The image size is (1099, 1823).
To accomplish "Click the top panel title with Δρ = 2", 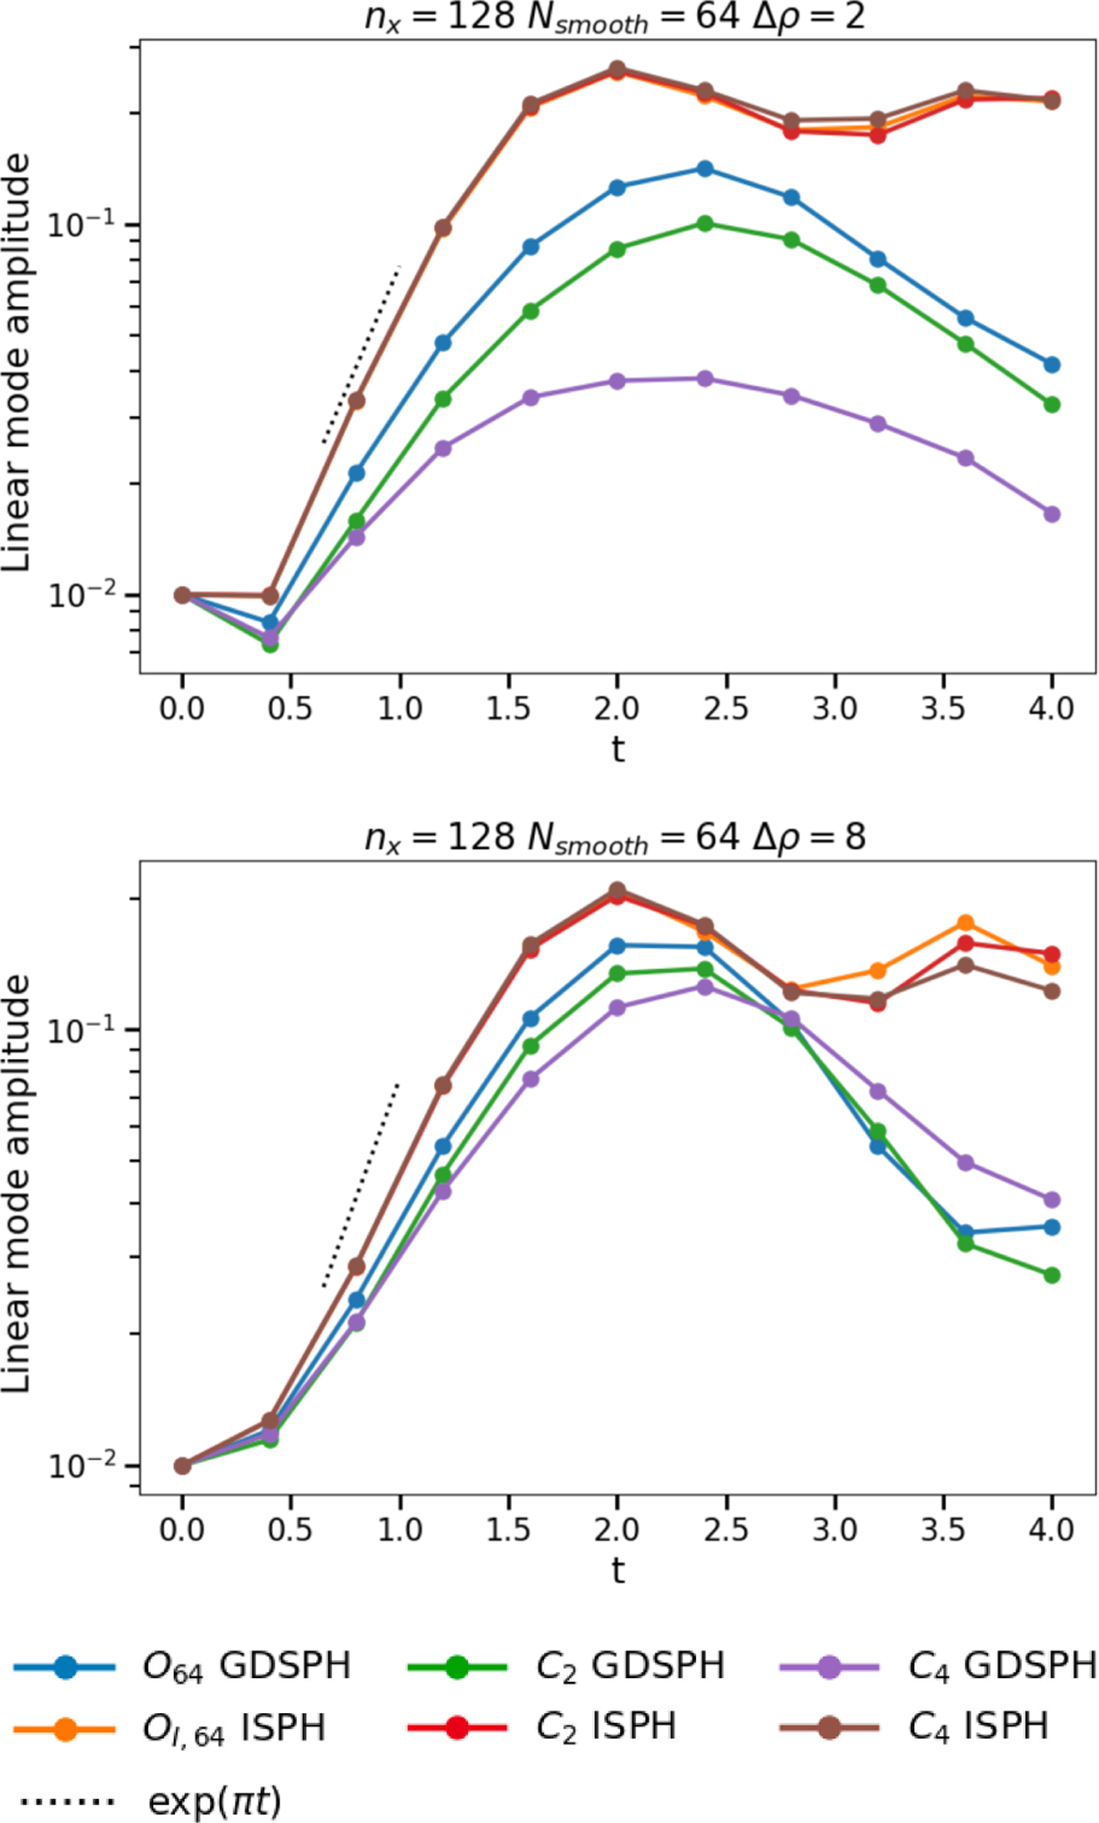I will click(x=615, y=18).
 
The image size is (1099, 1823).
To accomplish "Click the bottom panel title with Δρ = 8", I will click(x=615, y=836).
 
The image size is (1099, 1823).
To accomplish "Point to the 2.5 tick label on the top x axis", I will click(x=725, y=708).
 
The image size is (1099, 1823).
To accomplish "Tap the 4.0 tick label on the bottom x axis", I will click(x=1051, y=1529).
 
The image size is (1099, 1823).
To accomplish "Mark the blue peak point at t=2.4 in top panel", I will click(x=704, y=169).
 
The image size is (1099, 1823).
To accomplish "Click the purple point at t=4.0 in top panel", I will click(x=1051, y=514).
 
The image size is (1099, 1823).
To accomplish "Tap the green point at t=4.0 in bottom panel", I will click(x=1051, y=1275).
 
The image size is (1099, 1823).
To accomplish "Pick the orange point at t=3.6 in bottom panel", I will click(x=964, y=922).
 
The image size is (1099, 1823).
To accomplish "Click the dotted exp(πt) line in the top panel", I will click(x=362, y=355).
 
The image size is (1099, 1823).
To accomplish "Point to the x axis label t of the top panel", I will click(x=617, y=749).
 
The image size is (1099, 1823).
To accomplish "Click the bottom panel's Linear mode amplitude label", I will click(x=16, y=1182).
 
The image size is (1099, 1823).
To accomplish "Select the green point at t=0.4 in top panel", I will click(x=270, y=644).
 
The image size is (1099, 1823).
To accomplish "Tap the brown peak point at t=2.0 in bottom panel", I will click(x=617, y=890).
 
